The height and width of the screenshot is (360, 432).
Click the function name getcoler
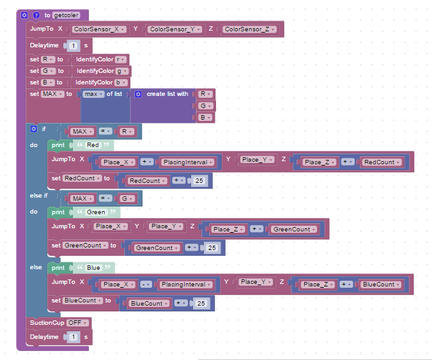pyautogui.click(x=66, y=15)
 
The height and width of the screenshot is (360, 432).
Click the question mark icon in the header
pyautogui.click(x=36, y=15)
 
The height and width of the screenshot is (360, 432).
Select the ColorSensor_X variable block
pyautogui.click(x=99, y=29)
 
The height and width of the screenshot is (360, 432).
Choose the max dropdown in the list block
pyautogui.click(x=94, y=94)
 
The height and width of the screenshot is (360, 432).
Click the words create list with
pyautogui.click(x=167, y=94)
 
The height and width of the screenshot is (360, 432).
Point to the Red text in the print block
pyautogui.click(x=93, y=145)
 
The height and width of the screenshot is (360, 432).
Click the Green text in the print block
pyautogui.click(x=96, y=212)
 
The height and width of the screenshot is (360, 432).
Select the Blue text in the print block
pyautogui.click(x=94, y=267)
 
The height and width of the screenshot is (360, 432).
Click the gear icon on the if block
pyautogui.click(x=34, y=129)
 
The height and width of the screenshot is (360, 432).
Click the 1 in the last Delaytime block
pyautogui.click(x=74, y=337)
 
